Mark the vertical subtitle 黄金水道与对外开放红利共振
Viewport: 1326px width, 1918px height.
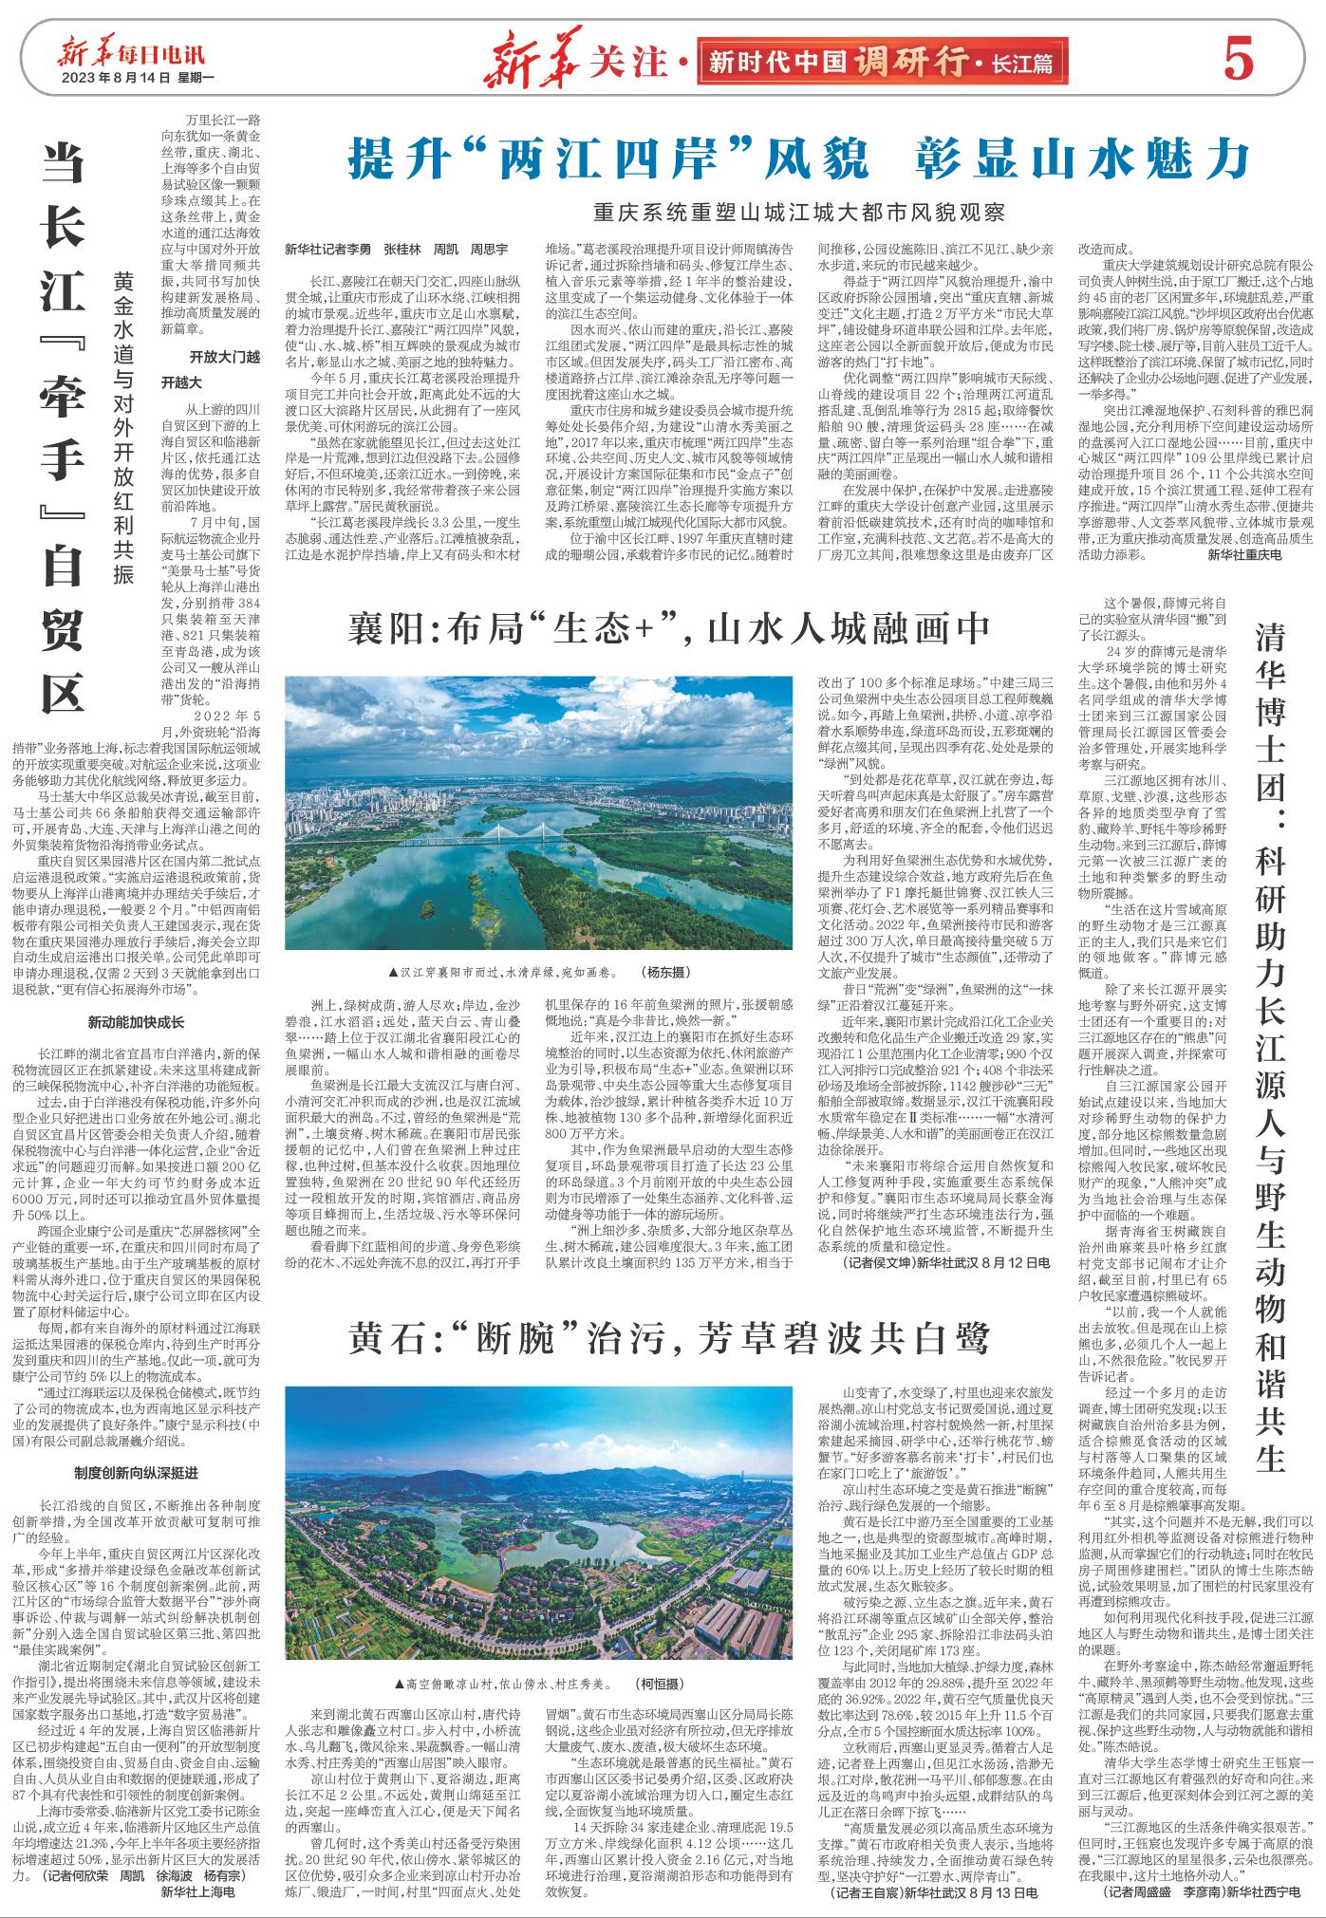[122, 428]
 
